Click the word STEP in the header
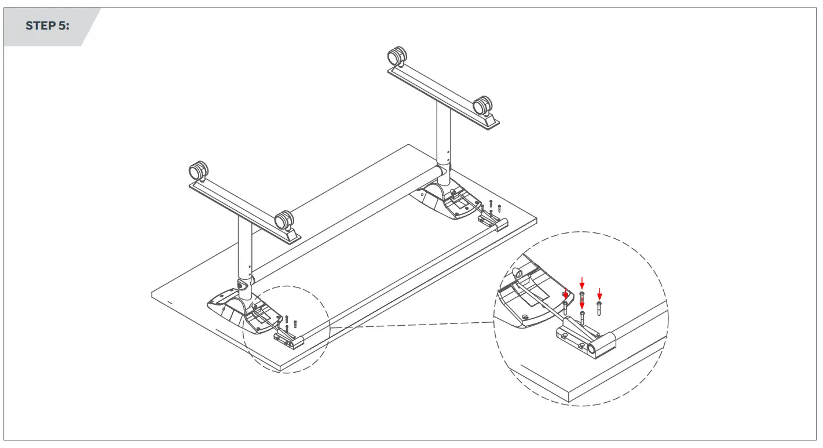[x=41, y=26]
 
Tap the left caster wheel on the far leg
[x=397, y=57]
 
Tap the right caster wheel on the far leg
[x=482, y=107]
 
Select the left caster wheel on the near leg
[x=198, y=172]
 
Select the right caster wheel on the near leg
[x=284, y=220]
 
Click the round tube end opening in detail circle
[x=592, y=348]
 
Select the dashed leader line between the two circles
[x=411, y=325]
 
